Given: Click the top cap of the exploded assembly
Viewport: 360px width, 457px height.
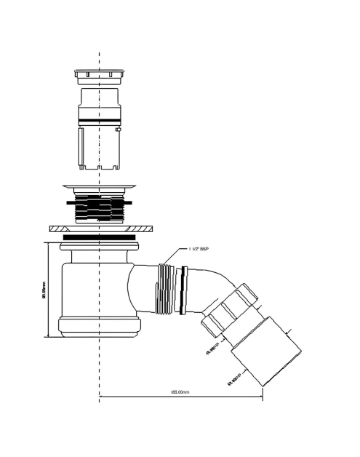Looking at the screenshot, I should (97, 76).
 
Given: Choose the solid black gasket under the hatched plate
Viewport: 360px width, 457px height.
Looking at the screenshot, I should (97, 237).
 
